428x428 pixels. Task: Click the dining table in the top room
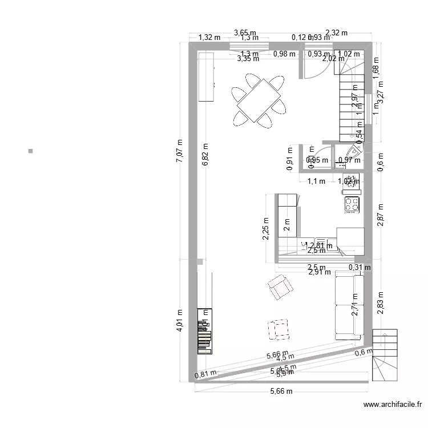[259, 101]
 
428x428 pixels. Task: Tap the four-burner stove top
[352, 204]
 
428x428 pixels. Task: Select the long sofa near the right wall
[349, 305]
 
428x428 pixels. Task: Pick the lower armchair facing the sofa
[278, 329]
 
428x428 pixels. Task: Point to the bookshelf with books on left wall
[204, 332]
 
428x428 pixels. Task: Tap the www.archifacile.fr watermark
[393, 405]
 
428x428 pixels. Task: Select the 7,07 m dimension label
[179, 152]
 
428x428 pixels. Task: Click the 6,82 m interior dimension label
[205, 155]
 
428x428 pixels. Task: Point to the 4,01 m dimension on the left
[179, 321]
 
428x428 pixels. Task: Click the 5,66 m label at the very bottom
[281, 391]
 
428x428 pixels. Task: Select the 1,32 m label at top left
[209, 38]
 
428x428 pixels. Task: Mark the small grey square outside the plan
[30, 151]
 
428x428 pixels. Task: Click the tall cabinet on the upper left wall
[205, 76]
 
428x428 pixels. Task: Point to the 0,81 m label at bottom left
[205, 375]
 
